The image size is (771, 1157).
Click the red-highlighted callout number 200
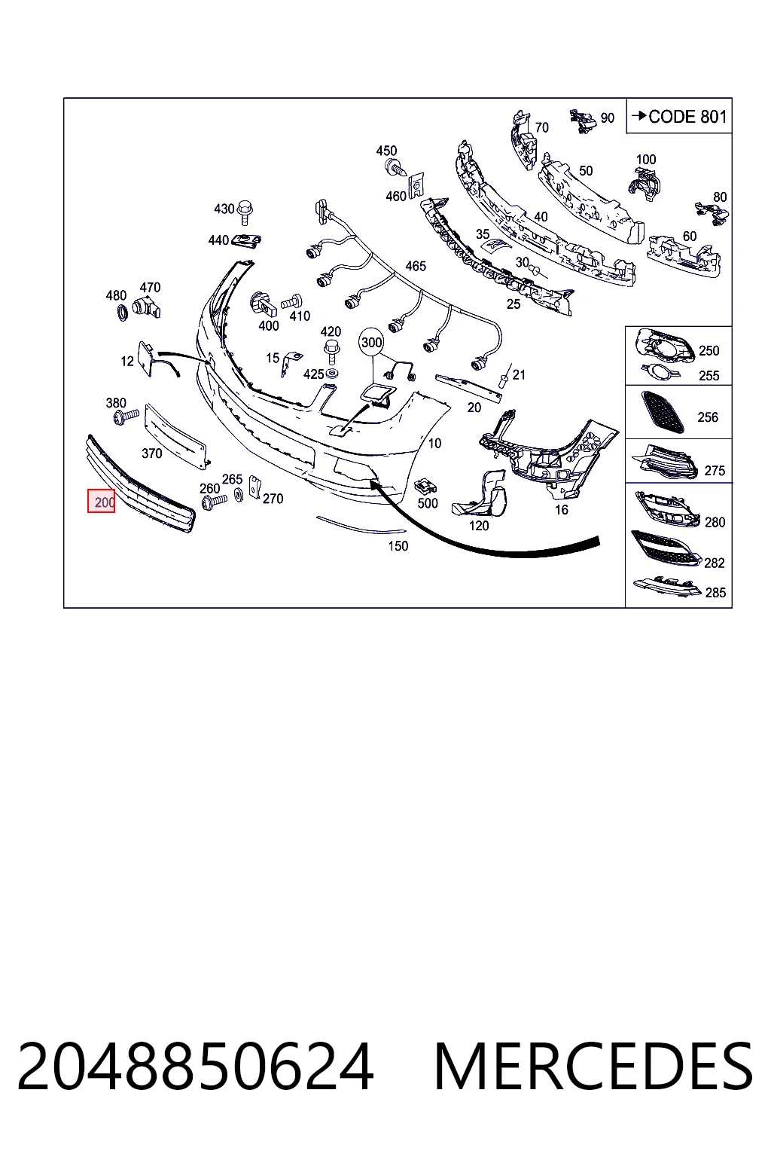pyautogui.click(x=101, y=501)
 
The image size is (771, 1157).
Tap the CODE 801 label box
pyautogui.click(x=679, y=116)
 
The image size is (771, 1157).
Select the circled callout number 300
pyautogui.click(x=372, y=343)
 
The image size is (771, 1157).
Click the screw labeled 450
pyautogui.click(x=395, y=167)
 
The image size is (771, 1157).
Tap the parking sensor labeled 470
pyautogui.click(x=146, y=308)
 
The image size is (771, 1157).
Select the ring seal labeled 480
pyautogui.click(x=123, y=313)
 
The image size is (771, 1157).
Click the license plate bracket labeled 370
pyautogui.click(x=175, y=437)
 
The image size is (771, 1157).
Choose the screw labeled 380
pyautogui.click(x=126, y=416)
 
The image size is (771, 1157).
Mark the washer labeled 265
pyautogui.click(x=239, y=494)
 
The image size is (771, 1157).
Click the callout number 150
pyautogui.click(x=398, y=546)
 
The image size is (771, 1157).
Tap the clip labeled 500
pyautogui.click(x=425, y=486)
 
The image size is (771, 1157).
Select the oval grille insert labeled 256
pyautogui.click(x=663, y=412)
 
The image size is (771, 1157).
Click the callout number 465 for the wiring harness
pyautogui.click(x=416, y=266)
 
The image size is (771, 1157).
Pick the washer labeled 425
pyautogui.click(x=332, y=373)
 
